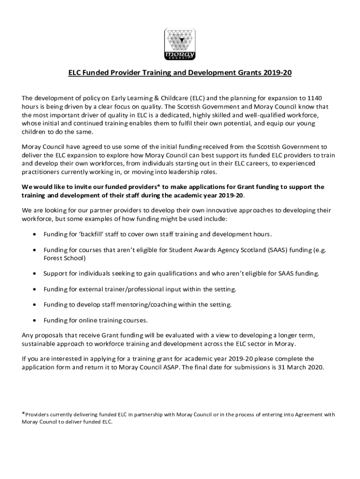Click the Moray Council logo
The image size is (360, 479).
(x=180, y=45)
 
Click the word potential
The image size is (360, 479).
(x=241, y=123)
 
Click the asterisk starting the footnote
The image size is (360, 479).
(x=24, y=413)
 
